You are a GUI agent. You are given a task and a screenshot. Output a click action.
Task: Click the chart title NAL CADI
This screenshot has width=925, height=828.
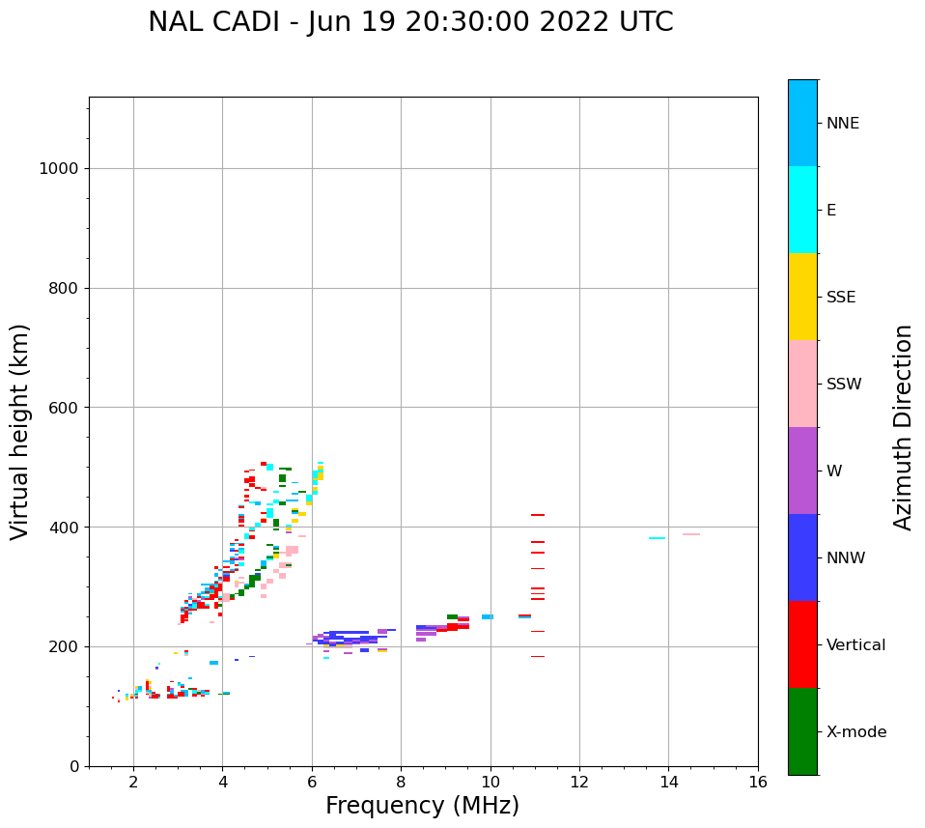click(410, 22)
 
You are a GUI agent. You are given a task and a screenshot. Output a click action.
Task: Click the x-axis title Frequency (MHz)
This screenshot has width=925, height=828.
click(422, 806)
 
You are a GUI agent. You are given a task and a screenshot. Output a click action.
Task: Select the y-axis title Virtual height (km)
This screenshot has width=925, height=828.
click(20, 432)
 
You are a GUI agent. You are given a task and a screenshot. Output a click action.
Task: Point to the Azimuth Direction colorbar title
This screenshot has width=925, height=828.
click(903, 427)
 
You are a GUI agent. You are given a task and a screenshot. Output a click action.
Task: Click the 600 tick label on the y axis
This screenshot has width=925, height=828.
click(63, 408)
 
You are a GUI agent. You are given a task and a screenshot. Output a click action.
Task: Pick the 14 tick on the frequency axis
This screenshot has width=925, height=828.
click(669, 781)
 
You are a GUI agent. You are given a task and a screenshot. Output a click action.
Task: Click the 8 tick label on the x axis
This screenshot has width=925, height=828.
click(401, 781)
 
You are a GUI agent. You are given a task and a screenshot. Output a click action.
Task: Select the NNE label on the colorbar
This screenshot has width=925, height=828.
click(842, 124)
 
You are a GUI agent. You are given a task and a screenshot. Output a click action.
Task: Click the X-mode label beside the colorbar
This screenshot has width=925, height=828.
click(855, 732)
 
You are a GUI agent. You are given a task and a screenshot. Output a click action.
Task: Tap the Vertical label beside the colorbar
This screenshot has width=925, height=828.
click(855, 645)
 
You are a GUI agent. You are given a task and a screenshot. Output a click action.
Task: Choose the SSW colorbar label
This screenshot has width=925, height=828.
click(844, 385)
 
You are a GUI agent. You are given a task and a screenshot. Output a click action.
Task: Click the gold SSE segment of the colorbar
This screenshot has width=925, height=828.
click(802, 297)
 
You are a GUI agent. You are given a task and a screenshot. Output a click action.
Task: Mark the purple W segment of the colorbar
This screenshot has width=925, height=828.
click(802, 471)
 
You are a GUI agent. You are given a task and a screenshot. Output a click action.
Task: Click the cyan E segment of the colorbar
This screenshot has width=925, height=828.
click(802, 210)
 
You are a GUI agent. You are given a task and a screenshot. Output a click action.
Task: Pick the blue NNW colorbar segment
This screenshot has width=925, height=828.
click(802, 557)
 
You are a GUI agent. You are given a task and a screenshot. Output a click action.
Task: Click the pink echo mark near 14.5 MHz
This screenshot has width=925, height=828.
click(691, 534)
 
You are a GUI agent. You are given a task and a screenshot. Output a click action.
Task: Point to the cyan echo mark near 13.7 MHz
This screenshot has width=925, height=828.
click(657, 538)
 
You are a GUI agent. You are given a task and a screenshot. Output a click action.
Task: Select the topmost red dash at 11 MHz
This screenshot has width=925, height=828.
click(538, 515)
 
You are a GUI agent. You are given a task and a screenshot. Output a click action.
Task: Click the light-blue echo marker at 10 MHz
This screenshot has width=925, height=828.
click(488, 616)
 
